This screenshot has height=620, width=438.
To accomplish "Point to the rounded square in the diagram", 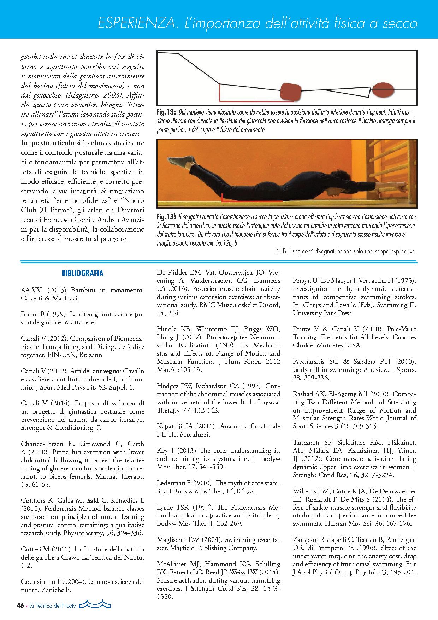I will [291, 92].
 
